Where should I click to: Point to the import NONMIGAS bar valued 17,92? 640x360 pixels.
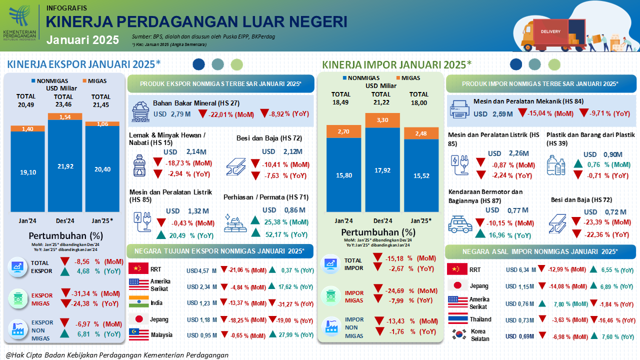pyautogui.click(x=382, y=169)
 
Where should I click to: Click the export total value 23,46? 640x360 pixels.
pyautogui.click(x=63, y=104)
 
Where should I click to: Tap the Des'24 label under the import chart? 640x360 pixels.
pyautogui.click(x=382, y=220)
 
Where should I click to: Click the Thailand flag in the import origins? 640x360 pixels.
pyautogui.click(x=457, y=319)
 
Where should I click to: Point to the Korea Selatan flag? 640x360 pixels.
pyautogui.click(x=457, y=334)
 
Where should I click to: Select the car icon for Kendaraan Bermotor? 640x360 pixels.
pyautogui.click(x=460, y=224)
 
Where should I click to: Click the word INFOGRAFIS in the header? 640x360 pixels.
pyautogui.click(x=66, y=8)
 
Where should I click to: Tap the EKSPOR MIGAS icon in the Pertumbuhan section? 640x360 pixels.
pyautogui.click(x=18, y=298)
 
